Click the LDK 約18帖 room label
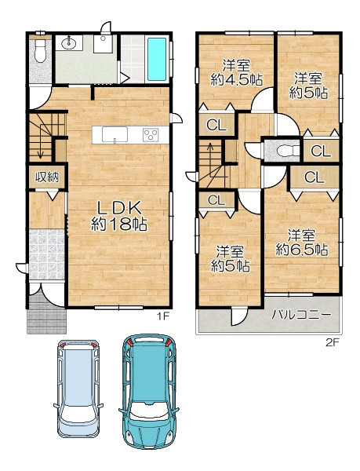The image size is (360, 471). coord(119,216)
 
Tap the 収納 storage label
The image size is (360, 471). coord(47,177)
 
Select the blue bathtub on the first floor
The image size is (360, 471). coord(157,59)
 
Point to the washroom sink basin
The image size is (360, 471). coord(69,43)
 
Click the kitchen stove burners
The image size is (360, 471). coord(151,134)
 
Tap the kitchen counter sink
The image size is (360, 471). coord(115,134)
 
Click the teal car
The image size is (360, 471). coord(149,391)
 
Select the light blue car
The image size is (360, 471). coord(78,389)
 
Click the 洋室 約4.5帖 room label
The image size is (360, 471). coord(236,73)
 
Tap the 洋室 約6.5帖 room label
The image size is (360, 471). coord(301,243)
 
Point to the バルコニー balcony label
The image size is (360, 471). coord(301,315)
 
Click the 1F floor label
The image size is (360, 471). coord(163,316)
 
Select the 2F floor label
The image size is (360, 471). coord(332,342)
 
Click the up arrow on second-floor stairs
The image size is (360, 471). coord(210,152)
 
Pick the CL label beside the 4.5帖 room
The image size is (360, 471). coord(216,126)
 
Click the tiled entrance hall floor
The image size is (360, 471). coord(47,254)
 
